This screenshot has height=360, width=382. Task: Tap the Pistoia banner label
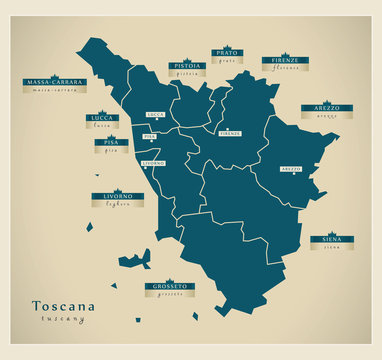pyautogui.click(x=187, y=66)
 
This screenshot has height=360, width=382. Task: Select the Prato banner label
pyautogui.click(x=227, y=53)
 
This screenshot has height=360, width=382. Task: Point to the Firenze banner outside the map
pyautogui.click(x=285, y=62)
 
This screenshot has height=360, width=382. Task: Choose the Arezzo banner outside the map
pyautogui.click(x=320, y=108)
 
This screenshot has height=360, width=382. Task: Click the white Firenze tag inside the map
pyautogui.click(x=230, y=133)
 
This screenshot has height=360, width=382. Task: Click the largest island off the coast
pyautogui.click(x=134, y=261)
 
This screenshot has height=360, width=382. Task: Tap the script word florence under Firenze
pyautogui.click(x=285, y=71)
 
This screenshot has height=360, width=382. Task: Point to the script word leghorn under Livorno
pyautogui.click(x=112, y=205)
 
